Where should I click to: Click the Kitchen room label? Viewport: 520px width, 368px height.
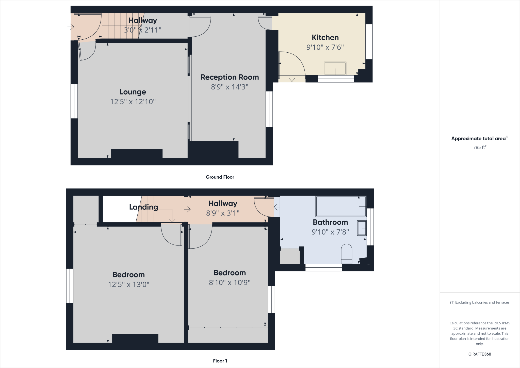[325, 38]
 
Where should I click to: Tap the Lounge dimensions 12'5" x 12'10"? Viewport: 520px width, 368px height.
[133, 102]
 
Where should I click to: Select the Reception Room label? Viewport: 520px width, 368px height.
[230, 77]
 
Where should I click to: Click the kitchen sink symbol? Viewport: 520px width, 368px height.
[335, 68]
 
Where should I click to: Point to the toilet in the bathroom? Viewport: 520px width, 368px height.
[346, 254]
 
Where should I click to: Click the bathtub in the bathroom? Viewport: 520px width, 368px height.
[341, 206]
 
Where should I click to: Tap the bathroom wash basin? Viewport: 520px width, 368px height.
[362, 228]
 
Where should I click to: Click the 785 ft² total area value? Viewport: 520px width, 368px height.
[479, 147]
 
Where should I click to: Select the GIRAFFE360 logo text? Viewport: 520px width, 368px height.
[479, 354]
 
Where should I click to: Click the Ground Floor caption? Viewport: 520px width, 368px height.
[220, 177]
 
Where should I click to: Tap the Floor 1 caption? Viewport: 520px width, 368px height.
[220, 361]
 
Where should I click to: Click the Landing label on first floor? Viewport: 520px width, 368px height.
[143, 207]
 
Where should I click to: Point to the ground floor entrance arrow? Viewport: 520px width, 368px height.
[71, 27]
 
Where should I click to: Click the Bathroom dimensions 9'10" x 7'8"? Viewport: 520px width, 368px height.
[330, 232]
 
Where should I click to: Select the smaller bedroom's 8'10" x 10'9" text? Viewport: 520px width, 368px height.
[230, 283]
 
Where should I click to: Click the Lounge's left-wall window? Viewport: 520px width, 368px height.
[74, 101]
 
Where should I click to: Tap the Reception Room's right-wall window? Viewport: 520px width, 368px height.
[269, 109]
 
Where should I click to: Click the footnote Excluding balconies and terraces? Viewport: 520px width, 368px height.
[479, 302]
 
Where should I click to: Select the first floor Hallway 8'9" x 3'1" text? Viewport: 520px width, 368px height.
[223, 213]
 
